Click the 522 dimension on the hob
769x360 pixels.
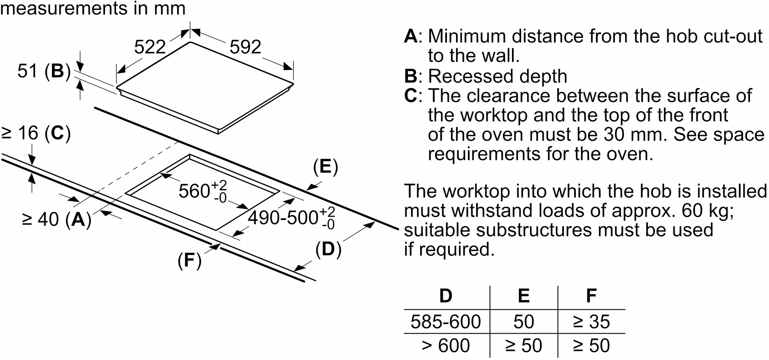click(150, 47)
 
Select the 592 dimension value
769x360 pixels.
click(245, 47)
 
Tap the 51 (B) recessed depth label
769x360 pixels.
click(44, 71)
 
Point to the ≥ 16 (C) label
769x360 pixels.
click(36, 133)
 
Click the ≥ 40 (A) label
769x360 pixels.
click(56, 219)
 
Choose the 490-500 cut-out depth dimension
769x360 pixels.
click(291, 217)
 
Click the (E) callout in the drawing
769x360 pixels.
click(325, 167)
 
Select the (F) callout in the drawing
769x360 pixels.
click(189, 260)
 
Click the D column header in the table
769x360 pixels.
click(446, 296)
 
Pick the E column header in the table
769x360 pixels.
click(524, 296)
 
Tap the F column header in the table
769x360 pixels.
click(591, 296)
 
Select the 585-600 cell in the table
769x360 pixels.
click(446, 322)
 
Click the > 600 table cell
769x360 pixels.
click(446, 345)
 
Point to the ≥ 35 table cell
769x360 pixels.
click(591, 322)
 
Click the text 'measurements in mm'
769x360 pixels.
click(93, 8)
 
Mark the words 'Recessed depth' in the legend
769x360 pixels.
click(498, 76)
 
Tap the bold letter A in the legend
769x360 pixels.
click(411, 36)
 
